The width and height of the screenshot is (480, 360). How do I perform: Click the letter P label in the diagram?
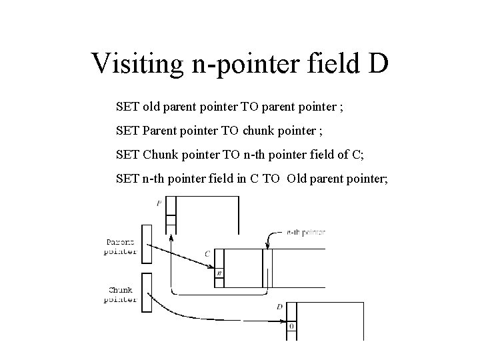click(159, 203)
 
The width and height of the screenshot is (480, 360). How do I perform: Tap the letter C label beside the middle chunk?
click(208, 253)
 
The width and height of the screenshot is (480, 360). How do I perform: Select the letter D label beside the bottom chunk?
click(279, 306)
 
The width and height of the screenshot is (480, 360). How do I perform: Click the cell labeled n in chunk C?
click(219, 273)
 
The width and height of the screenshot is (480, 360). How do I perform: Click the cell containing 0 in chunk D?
click(291, 327)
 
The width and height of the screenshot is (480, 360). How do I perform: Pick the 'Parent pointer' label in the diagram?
click(121, 247)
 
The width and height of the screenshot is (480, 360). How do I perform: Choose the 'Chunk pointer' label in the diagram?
click(121, 295)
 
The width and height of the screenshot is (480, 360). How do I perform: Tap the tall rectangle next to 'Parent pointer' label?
click(147, 243)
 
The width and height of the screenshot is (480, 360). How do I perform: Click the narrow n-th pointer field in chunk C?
click(267, 267)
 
